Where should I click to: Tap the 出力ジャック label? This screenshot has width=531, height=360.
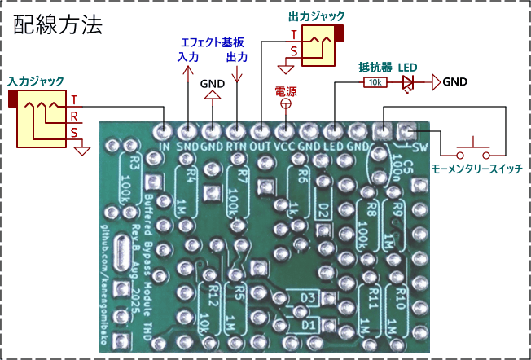tap(316, 15)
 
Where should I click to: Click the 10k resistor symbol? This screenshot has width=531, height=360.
tap(375, 82)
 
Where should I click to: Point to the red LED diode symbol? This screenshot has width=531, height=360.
tap(408, 82)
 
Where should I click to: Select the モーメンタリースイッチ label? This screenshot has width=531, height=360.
tap(476, 169)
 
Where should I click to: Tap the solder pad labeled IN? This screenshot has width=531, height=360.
tap(164, 130)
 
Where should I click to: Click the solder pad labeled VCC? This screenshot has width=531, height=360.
tap(285, 130)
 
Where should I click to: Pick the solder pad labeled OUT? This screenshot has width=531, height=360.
tap(261, 130)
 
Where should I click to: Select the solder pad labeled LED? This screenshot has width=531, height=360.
tap(333, 130)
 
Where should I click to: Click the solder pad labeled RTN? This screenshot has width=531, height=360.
tap(236, 130)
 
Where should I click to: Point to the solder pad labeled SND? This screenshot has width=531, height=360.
tap(188, 130)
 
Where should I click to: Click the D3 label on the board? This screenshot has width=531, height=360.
tap(308, 297)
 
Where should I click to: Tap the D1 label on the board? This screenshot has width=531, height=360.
tap(308, 324)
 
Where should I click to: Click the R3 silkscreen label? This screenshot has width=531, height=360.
tap(134, 160)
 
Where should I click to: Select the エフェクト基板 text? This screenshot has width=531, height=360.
tap(214, 42)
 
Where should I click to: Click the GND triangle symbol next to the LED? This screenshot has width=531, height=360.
tap(436, 81)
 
